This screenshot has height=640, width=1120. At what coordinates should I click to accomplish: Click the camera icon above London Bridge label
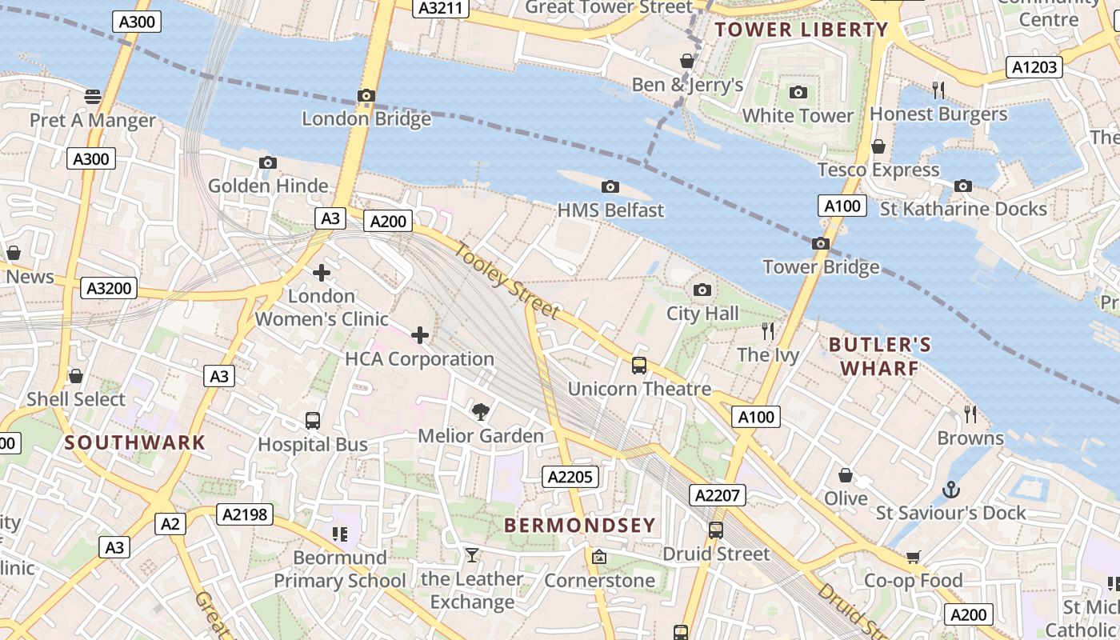(x=366, y=96)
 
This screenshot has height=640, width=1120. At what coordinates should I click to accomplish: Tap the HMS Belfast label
(x=610, y=210)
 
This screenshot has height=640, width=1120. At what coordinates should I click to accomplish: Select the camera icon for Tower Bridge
(x=820, y=244)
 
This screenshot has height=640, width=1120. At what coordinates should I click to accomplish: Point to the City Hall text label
(x=702, y=314)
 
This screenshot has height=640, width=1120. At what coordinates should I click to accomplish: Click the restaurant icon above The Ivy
(x=768, y=330)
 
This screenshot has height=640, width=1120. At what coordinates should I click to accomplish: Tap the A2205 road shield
(x=570, y=478)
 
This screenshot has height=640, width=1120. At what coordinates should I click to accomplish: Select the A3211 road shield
(x=440, y=8)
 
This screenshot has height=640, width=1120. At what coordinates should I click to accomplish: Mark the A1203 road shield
(x=1034, y=67)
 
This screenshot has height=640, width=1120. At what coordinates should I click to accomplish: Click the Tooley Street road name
(x=507, y=281)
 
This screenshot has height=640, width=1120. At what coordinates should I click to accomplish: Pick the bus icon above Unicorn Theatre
(x=638, y=366)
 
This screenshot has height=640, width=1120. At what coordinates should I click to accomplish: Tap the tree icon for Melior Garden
(x=481, y=412)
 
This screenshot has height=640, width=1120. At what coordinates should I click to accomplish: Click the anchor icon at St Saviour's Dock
(x=950, y=490)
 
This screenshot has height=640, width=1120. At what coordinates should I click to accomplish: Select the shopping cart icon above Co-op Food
(x=913, y=557)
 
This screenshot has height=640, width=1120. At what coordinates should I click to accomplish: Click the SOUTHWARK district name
(x=135, y=442)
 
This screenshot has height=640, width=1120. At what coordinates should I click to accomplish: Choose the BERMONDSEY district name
(x=580, y=526)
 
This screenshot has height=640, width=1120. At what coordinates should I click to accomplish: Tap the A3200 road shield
(x=109, y=288)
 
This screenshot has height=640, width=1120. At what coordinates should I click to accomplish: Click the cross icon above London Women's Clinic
(x=322, y=273)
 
